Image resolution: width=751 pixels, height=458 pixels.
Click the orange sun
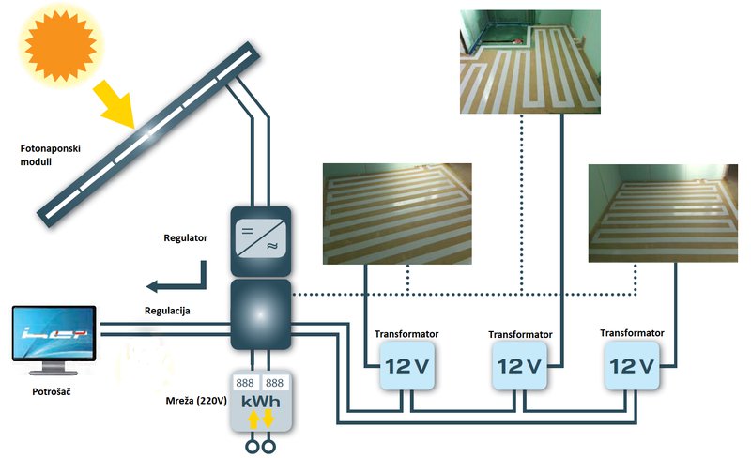[x=60, y=46]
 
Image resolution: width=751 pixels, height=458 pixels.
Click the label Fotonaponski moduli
[x=50, y=155]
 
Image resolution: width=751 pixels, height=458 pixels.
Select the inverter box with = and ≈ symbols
[x=261, y=241]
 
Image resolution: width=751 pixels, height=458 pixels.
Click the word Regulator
[x=185, y=237]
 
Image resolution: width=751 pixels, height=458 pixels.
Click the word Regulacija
[x=167, y=311]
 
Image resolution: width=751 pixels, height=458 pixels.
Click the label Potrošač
[x=52, y=391]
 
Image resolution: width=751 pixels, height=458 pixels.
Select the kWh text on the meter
[x=261, y=401]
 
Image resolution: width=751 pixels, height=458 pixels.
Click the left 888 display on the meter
[x=245, y=383]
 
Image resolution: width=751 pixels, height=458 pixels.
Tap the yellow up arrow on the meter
[x=253, y=420]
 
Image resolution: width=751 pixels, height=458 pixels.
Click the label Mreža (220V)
[x=196, y=400]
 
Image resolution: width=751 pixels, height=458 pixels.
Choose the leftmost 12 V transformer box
[x=407, y=366]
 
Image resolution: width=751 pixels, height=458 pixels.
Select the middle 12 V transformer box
[x=519, y=366]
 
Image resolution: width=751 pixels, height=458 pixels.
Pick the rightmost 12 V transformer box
[x=631, y=366]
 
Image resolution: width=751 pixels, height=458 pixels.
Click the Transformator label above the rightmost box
[x=632, y=332]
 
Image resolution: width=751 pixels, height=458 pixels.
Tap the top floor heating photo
[x=530, y=62]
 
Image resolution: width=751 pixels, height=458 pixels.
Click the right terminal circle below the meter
[x=268, y=447]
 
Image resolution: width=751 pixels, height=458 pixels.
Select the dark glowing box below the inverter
[x=261, y=314]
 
